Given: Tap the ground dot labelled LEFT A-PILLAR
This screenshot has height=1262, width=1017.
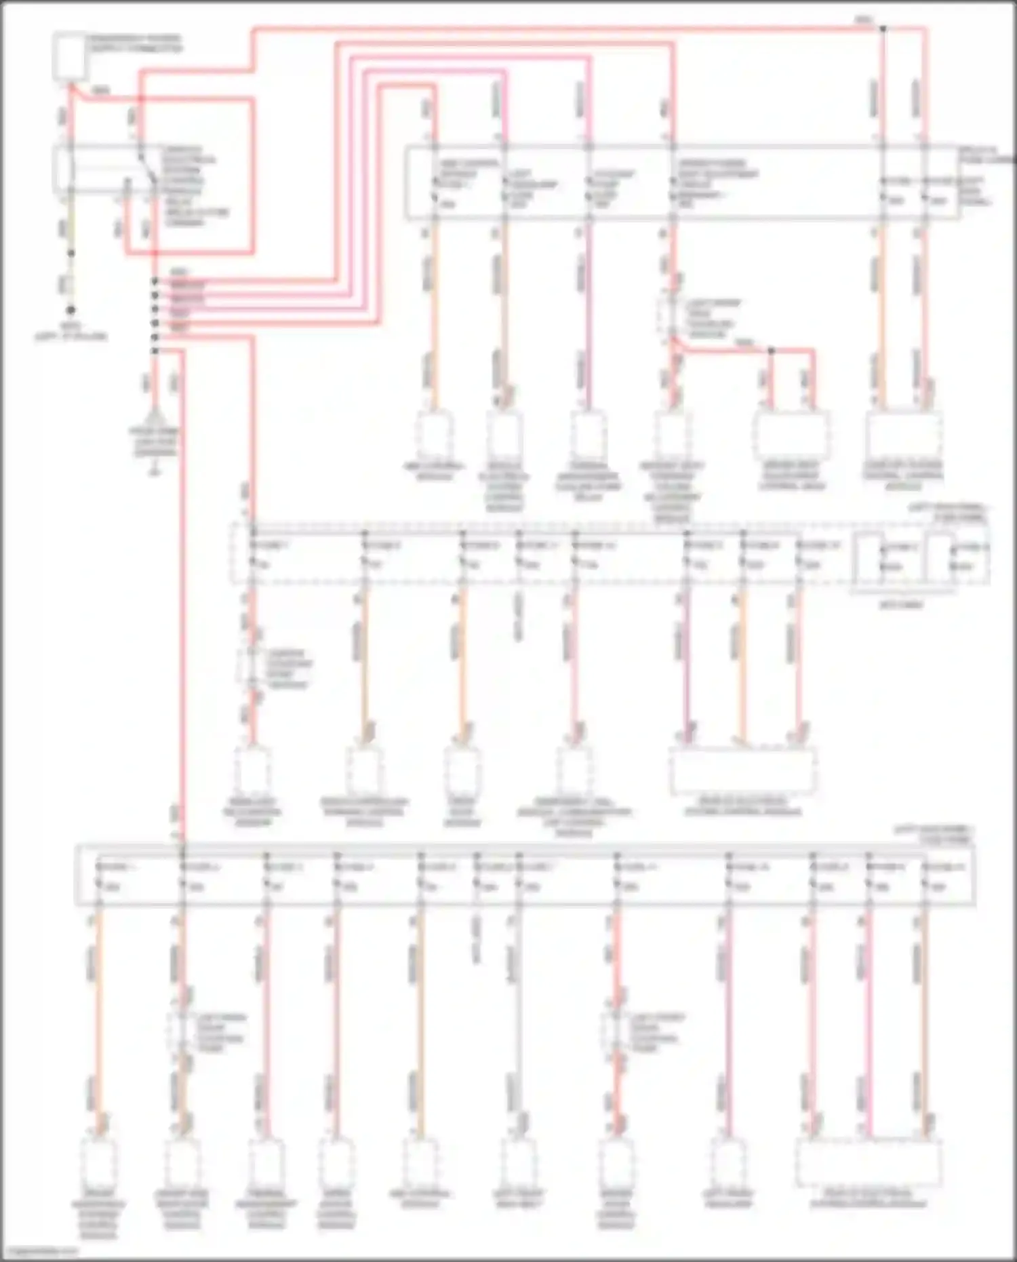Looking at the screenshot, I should [71, 310].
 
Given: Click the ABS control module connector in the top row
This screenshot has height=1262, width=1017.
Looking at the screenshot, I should [434, 435].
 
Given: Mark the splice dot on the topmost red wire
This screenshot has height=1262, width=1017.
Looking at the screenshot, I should [883, 28].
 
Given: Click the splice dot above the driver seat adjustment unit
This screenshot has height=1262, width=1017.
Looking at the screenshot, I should [771, 351].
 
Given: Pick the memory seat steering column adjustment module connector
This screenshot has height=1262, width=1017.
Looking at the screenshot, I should [672, 435].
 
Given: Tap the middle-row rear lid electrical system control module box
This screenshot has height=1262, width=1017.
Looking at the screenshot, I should [742, 771].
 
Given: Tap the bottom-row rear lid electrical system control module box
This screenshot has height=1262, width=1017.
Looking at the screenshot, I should [869, 1162].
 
